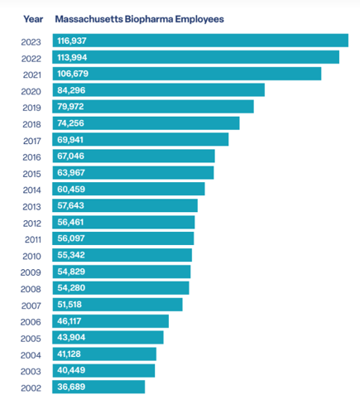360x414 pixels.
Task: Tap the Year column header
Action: coord(33,17)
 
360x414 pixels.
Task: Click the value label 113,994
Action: coord(71,57)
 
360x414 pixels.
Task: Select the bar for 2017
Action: coord(141,139)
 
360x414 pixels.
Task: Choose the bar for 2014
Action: coord(129,189)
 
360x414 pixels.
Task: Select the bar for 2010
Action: coord(122,255)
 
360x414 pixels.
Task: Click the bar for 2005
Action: coord(108,337)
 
